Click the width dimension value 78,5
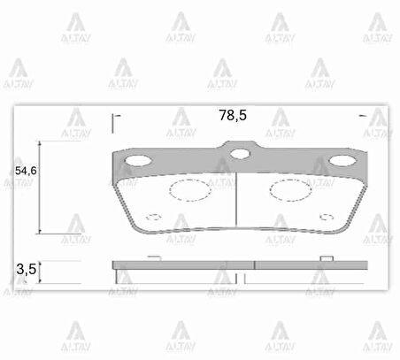[232, 114]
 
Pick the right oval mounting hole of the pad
[341, 160]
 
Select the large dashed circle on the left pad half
[187, 188]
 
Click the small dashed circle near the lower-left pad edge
[153, 217]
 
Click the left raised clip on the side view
[153, 257]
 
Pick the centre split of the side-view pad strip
[255, 264]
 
